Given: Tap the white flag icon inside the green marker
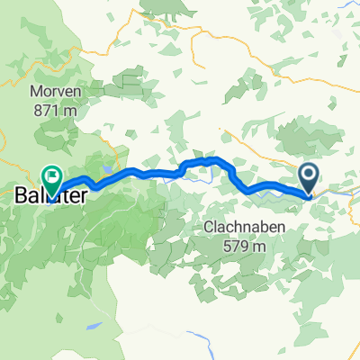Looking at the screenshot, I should pos(53,175).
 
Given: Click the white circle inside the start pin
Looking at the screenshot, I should pos(309,174).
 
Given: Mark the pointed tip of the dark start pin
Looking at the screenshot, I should pos(309,193).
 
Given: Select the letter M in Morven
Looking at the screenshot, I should pos(34,93).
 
